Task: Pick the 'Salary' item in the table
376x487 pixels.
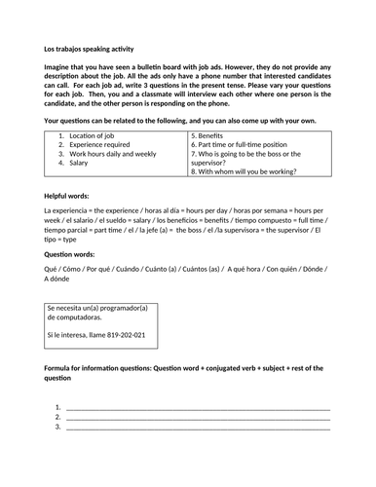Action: click(x=79, y=166)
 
